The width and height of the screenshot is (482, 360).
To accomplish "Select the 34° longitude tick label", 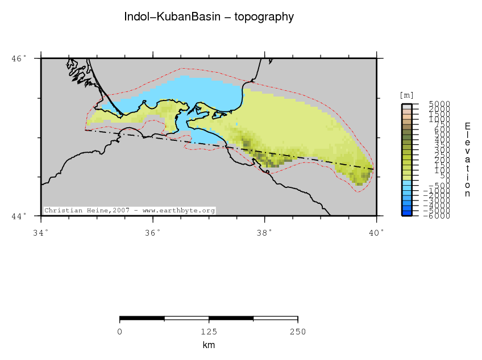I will point(41,232).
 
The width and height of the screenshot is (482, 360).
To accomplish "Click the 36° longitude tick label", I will point(152,232).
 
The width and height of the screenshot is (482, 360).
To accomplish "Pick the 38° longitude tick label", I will point(264,232).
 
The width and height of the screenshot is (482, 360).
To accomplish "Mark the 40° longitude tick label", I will point(376,232).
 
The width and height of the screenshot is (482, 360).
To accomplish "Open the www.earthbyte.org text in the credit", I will point(178,211).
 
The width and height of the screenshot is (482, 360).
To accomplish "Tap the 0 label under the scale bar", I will point(120,332).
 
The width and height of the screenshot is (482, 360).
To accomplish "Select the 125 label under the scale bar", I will point(209,332).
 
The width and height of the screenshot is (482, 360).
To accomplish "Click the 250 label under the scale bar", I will point(298,332).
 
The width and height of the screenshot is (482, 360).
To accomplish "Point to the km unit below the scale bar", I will point(209,345).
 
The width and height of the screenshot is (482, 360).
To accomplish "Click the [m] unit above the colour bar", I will point(407,95).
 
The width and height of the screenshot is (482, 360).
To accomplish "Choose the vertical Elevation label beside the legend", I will point(467,160).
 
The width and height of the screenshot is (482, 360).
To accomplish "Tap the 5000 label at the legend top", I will point(440,104).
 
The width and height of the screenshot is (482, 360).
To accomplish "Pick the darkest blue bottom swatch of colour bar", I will point(407,214).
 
